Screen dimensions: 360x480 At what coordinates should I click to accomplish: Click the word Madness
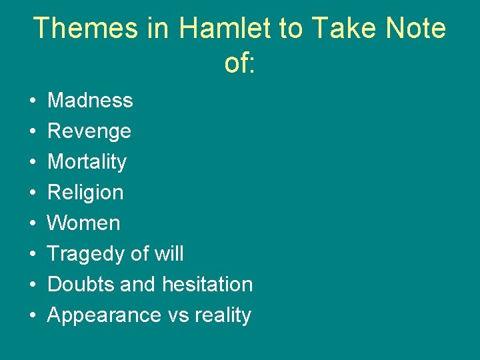(x=90, y=101)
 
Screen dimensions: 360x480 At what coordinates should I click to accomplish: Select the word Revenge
(x=89, y=131)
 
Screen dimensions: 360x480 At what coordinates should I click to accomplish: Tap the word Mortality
(x=87, y=162)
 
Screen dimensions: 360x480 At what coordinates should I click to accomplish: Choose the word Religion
(x=85, y=193)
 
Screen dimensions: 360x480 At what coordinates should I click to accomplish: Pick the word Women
(x=84, y=223)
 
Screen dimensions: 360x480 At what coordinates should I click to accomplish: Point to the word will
(x=169, y=254)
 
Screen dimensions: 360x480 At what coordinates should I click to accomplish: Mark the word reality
(x=223, y=315)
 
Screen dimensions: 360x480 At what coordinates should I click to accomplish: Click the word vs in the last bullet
(x=179, y=315)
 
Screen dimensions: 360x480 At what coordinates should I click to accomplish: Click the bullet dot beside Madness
(x=33, y=101)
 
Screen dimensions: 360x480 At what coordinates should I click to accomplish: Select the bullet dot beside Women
(x=33, y=224)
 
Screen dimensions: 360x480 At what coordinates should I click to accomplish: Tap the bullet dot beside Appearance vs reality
(x=33, y=316)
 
